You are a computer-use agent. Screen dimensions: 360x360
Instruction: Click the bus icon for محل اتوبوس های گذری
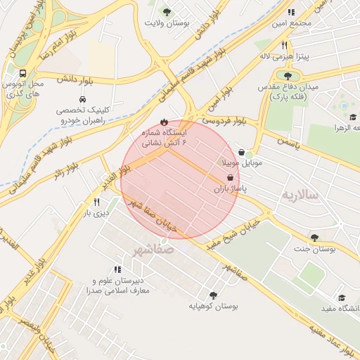[24, 73]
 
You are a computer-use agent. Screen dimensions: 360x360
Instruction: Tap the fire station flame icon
[164, 121]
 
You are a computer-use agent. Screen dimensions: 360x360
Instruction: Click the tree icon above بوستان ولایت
[166, 12]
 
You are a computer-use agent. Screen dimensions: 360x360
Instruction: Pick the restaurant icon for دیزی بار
[97, 201]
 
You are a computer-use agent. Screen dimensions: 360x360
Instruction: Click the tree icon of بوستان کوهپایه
[213, 295]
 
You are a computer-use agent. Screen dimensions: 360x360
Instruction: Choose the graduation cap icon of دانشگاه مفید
[342, 298]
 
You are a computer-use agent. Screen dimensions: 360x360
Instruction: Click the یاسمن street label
[288, 143]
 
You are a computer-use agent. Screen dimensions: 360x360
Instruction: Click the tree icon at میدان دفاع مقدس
[288, 75]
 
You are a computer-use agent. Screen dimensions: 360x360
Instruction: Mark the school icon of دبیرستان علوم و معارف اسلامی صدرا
[117, 269]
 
